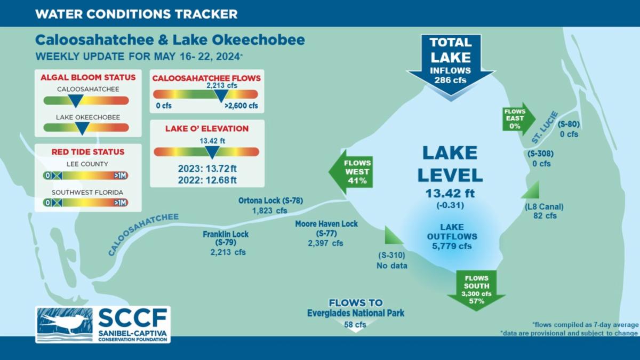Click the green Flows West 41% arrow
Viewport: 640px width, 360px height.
pyautogui.click(x=351, y=172)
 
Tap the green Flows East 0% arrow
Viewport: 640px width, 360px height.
pyautogui.click(x=518, y=119)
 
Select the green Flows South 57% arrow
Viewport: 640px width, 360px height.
pyautogui.click(x=476, y=290)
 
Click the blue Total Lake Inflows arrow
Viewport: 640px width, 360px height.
pyautogui.click(x=451, y=66)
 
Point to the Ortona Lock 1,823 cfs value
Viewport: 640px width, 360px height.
pyautogui.click(x=269, y=211)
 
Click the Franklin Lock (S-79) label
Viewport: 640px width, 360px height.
pyautogui.click(x=226, y=238)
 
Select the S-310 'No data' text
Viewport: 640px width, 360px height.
pyautogui.click(x=391, y=266)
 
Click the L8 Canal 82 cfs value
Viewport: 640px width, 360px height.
pyautogui.click(x=545, y=215)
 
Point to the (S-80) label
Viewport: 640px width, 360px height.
pyautogui.click(x=569, y=124)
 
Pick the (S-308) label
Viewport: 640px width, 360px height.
pyautogui.click(x=540, y=154)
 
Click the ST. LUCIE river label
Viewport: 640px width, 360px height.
pyautogui.click(x=545, y=127)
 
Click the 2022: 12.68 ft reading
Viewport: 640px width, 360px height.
pyautogui.click(x=207, y=180)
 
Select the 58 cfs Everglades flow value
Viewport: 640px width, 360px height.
pyautogui.click(x=355, y=325)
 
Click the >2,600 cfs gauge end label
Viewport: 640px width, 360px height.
pyautogui.click(x=242, y=106)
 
